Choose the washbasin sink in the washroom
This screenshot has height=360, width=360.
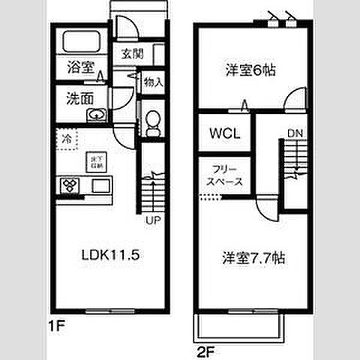tap(95, 115)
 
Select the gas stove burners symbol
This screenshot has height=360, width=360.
tap(70, 184)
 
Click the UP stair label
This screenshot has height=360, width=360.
tap(152, 221)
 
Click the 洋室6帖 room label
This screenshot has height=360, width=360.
tap(250, 71)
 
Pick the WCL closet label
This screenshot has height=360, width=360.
tap(223, 134)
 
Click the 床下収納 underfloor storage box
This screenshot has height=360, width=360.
tap(95, 160)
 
